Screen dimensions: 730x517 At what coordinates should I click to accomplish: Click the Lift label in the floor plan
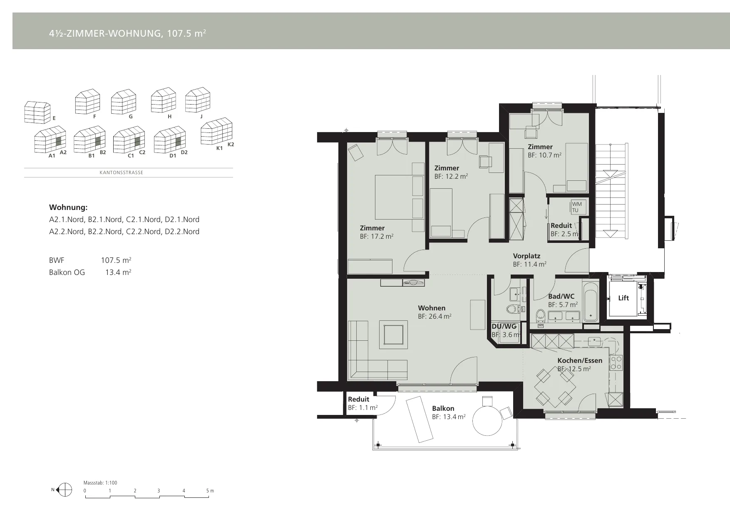[x=623, y=298]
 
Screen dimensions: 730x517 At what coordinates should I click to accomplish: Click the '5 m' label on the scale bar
[x=210, y=491]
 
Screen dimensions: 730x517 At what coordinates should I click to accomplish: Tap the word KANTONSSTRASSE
[x=122, y=172]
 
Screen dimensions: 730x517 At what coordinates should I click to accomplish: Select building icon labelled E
[x=37, y=112]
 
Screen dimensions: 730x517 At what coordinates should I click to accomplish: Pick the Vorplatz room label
[x=526, y=256]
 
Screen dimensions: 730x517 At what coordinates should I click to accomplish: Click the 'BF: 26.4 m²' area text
[x=435, y=316]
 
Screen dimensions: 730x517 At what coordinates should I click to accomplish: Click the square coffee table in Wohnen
[x=393, y=335]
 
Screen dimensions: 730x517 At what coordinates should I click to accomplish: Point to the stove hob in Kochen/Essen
[x=616, y=363]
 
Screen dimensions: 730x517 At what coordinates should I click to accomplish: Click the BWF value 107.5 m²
[x=116, y=260]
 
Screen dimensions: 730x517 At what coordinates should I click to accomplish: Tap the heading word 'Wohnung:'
[x=68, y=207]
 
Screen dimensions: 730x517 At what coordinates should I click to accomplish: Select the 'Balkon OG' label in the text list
[x=67, y=272]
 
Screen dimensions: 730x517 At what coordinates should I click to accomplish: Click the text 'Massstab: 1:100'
[x=100, y=483]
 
